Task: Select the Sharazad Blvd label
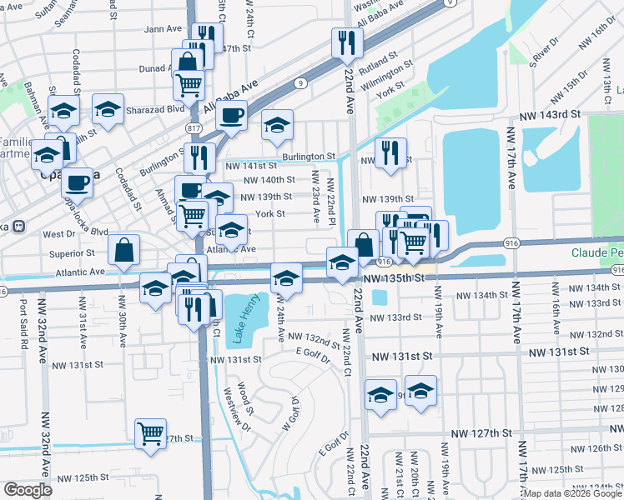154,109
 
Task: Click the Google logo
28,490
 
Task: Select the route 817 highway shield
194,127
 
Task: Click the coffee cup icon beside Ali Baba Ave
232,114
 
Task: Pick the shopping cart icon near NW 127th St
150,432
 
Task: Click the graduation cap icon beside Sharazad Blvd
108,108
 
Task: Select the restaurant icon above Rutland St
347,42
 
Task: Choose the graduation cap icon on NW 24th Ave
285,277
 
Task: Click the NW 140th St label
269,179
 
